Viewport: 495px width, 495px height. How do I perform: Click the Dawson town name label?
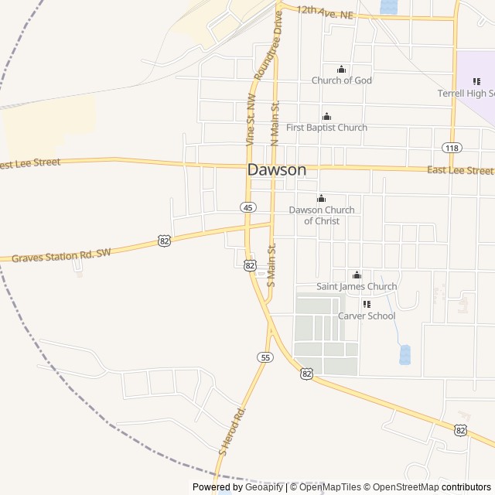point(277,170)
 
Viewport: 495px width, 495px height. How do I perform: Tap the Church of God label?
point(341,80)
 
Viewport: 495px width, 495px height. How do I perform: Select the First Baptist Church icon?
point(326,117)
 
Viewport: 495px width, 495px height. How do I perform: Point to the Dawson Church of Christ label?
point(322,215)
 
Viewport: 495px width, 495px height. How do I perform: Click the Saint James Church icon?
point(357,275)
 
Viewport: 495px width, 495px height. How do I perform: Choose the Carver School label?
point(367,316)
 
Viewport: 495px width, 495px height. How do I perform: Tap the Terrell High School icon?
point(476,81)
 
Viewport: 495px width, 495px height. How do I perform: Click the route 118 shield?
point(452,148)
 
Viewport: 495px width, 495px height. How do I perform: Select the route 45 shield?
point(247,207)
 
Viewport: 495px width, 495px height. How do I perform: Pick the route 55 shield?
point(265,357)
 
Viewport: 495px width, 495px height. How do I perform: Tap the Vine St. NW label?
point(250,120)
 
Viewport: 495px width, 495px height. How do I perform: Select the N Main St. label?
point(274,122)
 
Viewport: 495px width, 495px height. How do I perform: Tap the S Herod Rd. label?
point(232,429)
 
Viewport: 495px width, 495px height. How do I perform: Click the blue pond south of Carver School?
point(405,354)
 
